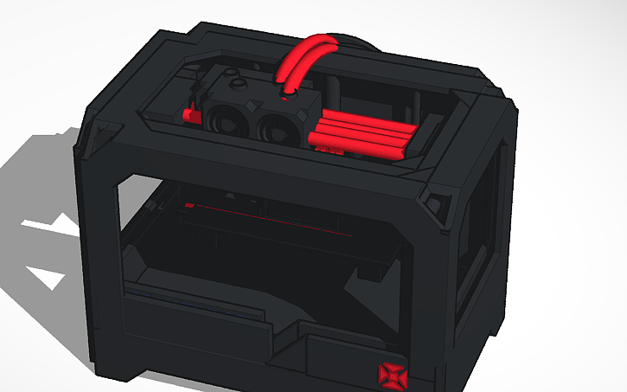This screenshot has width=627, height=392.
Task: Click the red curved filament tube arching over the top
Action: [x=302, y=54]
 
